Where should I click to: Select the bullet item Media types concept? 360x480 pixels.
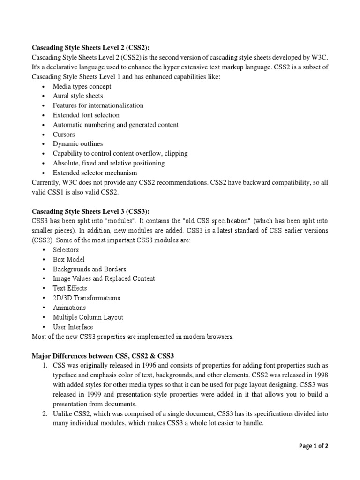(x=82, y=86)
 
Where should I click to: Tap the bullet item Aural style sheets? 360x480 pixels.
(x=78, y=96)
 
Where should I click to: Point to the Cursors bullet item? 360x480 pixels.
(x=64, y=134)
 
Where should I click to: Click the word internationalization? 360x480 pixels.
(x=117, y=105)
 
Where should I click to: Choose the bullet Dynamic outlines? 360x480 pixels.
(x=78, y=144)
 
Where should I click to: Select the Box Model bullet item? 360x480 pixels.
(x=69, y=259)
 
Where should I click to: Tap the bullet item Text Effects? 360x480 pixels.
(x=70, y=288)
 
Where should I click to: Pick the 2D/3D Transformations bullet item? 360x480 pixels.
(x=86, y=298)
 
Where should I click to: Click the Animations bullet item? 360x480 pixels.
(x=69, y=307)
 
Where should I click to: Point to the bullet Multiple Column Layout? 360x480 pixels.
(x=88, y=317)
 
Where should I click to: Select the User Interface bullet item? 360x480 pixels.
(x=73, y=327)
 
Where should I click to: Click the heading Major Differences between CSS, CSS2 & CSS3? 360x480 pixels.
(x=102, y=355)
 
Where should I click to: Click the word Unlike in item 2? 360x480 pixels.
(x=62, y=413)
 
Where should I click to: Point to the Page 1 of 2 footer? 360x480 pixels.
(x=314, y=446)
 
